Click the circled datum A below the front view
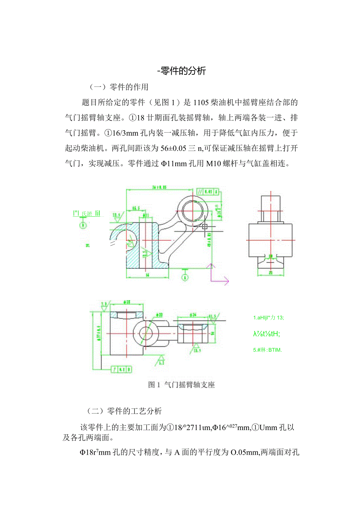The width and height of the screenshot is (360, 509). tap(185, 277)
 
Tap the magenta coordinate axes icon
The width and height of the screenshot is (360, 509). tap(218, 274)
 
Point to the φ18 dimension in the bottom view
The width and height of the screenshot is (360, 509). tap(126, 302)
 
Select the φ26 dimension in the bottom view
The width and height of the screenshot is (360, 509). tap(193, 314)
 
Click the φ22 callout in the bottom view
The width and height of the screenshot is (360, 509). tap(159, 314)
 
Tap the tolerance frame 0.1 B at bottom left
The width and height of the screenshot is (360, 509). tap(121, 369)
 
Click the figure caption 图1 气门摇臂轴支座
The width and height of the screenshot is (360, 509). tap(181, 385)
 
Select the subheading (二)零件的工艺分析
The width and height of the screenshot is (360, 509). tap(124, 411)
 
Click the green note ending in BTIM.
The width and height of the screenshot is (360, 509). tap(267, 350)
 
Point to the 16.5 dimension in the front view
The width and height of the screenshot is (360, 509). tap(136, 207)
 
